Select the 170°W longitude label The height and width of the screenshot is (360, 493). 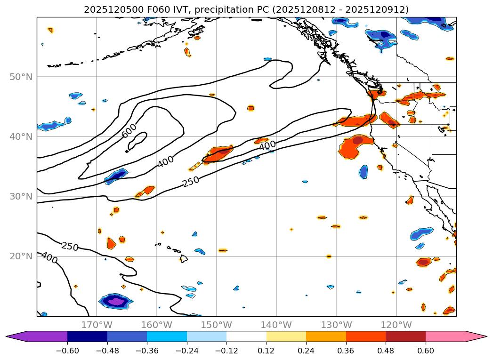[x=97, y=325]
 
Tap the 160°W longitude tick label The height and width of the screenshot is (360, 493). [x=156, y=325]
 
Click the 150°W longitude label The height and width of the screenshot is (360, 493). [x=216, y=325]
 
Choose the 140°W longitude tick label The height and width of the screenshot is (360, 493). [x=276, y=325]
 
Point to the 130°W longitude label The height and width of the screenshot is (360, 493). [x=336, y=325]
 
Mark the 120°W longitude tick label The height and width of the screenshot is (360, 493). [x=396, y=325]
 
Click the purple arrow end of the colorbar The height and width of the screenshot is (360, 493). [x=19, y=336]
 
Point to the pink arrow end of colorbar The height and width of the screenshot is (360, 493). [x=476, y=336]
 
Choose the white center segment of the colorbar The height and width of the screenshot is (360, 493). [x=246, y=336]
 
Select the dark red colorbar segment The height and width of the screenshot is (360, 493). [x=405, y=336]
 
